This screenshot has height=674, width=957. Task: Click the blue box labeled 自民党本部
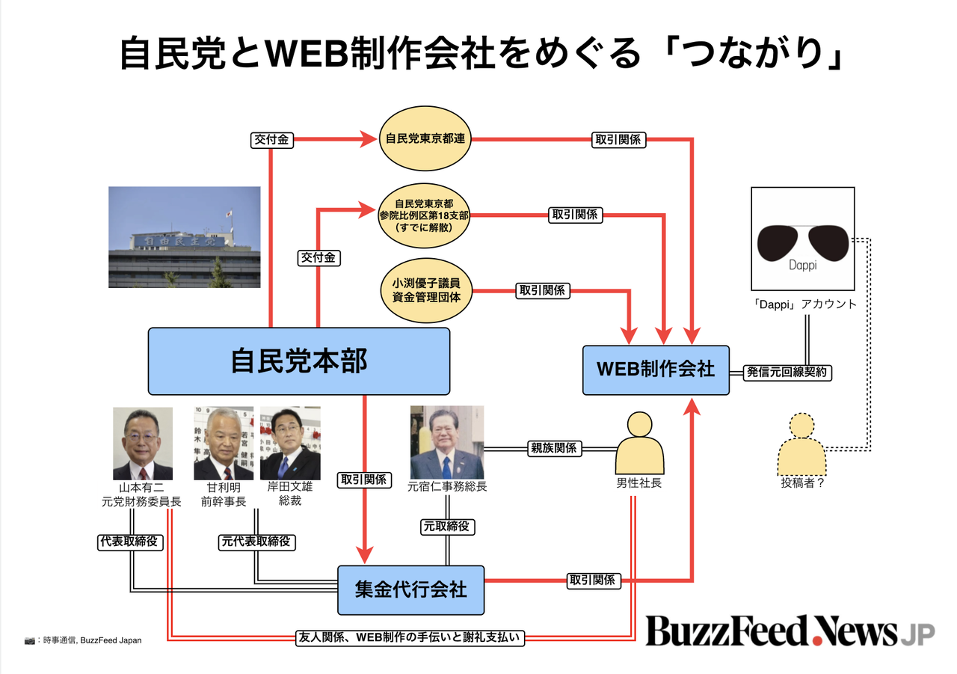click(299, 361)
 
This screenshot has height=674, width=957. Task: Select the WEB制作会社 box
click(656, 370)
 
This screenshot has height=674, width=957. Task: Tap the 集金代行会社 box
click(411, 590)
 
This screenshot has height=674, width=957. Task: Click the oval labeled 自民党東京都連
click(425, 138)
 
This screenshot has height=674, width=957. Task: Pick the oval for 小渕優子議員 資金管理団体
click(426, 290)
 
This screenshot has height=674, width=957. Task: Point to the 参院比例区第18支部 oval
click(424, 215)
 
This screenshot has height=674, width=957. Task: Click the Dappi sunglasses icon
click(803, 239)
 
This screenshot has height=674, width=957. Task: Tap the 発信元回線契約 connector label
click(787, 373)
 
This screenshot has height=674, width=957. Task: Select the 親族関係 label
click(554, 448)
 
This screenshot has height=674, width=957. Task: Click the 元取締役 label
click(447, 527)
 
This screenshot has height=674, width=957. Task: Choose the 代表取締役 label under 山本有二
click(129, 542)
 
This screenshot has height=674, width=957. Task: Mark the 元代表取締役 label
click(256, 542)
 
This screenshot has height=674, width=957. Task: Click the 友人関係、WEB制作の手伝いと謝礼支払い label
click(410, 637)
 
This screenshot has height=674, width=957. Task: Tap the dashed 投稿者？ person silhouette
click(802, 444)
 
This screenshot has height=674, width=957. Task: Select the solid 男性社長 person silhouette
click(639, 443)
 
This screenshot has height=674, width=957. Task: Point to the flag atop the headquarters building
click(230, 213)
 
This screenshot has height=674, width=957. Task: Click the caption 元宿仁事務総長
click(447, 486)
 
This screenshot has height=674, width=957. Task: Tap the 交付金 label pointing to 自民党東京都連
click(271, 140)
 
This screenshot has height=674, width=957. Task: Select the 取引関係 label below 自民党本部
click(364, 480)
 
